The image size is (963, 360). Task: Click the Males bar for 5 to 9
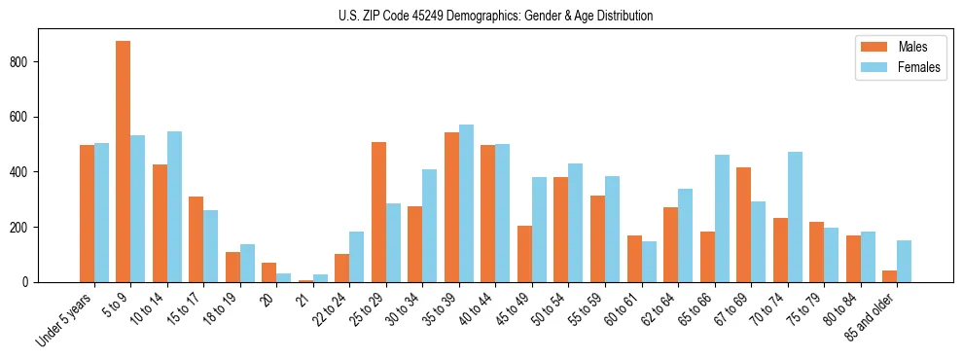pyautogui.click(x=124, y=162)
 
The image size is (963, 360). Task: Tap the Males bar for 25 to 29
pyautogui.click(x=379, y=212)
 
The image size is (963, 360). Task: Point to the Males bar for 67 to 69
pyautogui.click(x=744, y=225)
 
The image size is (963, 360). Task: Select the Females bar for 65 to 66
pyautogui.click(x=722, y=218)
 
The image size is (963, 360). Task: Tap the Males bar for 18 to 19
pyautogui.click(x=233, y=267)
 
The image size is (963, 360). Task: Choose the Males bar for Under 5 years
pyautogui.click(x=87, y=213)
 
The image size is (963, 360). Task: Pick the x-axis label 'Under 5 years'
pyautogui.click(x=65, y=319)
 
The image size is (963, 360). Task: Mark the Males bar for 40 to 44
pyautogui.click(x=488, y=213)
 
